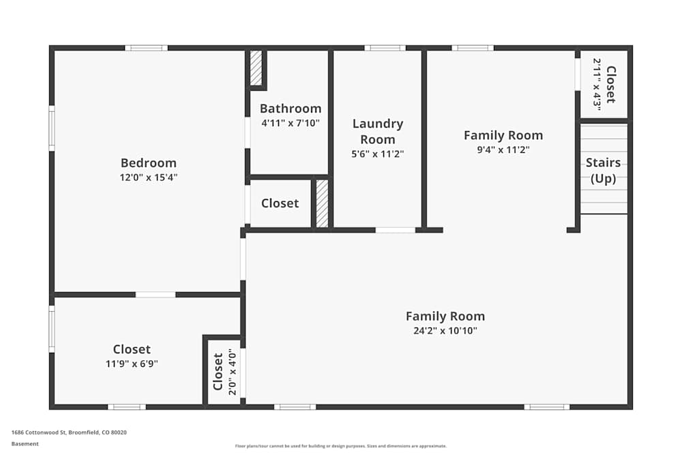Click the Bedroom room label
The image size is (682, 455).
pyautogui.click(x=148, y=163)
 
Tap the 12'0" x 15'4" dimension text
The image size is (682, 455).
pyautogui.click(x=148, y=177)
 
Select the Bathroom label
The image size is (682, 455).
pyautogui.click(x=290, y=108)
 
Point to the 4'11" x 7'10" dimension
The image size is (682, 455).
pyautogui.click(x=290, y=123)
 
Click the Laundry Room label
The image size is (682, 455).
pyautogui.click(x=377, y=131)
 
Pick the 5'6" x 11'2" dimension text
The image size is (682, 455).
pyautogui.click(x=377, y=154)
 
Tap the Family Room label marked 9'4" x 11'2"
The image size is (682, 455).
pyautogui.click(x=503, y=135)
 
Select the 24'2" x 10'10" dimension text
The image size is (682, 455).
pyautogui.click(x=445, y=331)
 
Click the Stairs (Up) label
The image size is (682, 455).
pyautogui.click(x=604, y=171)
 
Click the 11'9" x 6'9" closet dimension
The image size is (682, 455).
pyautogui.click(x=132, y=364)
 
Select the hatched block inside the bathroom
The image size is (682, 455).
pyautogui.click(x=256, y=68)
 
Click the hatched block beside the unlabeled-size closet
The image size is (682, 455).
pyautogui.click(x=322, y=203)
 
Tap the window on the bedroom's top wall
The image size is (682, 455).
pyautogui.click(x=146, y=48)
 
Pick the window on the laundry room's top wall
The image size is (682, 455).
pyautogui.click(x=385, y=48)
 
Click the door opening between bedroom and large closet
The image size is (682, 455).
pyautogui.click(x=155, y=295)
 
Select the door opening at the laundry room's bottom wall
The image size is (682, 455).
pyautogui.click(x=396, y=230)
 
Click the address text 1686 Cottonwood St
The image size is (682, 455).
pyautogui.click(x=69, y=432)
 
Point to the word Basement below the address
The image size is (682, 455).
pyautogui.click(x=25, y=443)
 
